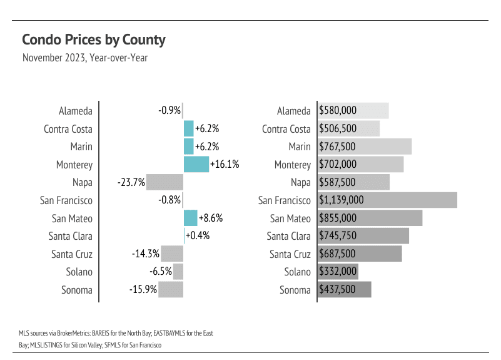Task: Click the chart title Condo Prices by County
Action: [x=93, y=40]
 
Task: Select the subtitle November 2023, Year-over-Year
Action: [x=84, y=58]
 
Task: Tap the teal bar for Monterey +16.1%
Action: [x=196, y=165]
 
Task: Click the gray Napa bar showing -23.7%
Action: [x=164, y=182]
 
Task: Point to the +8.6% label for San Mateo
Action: [x=211, y=219]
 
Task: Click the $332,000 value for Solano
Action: [x=338, y=272]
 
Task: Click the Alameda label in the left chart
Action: [x=75, y=111]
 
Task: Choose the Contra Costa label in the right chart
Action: [x=286, y=129]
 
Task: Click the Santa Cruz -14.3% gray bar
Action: [x=172, y=254]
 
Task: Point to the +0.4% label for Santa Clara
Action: [x=198, y=236]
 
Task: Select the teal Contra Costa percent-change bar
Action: [x=188, y=129]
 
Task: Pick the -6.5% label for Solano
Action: [x=160, y=272]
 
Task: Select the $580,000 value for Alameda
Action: [x=338, y=111]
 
